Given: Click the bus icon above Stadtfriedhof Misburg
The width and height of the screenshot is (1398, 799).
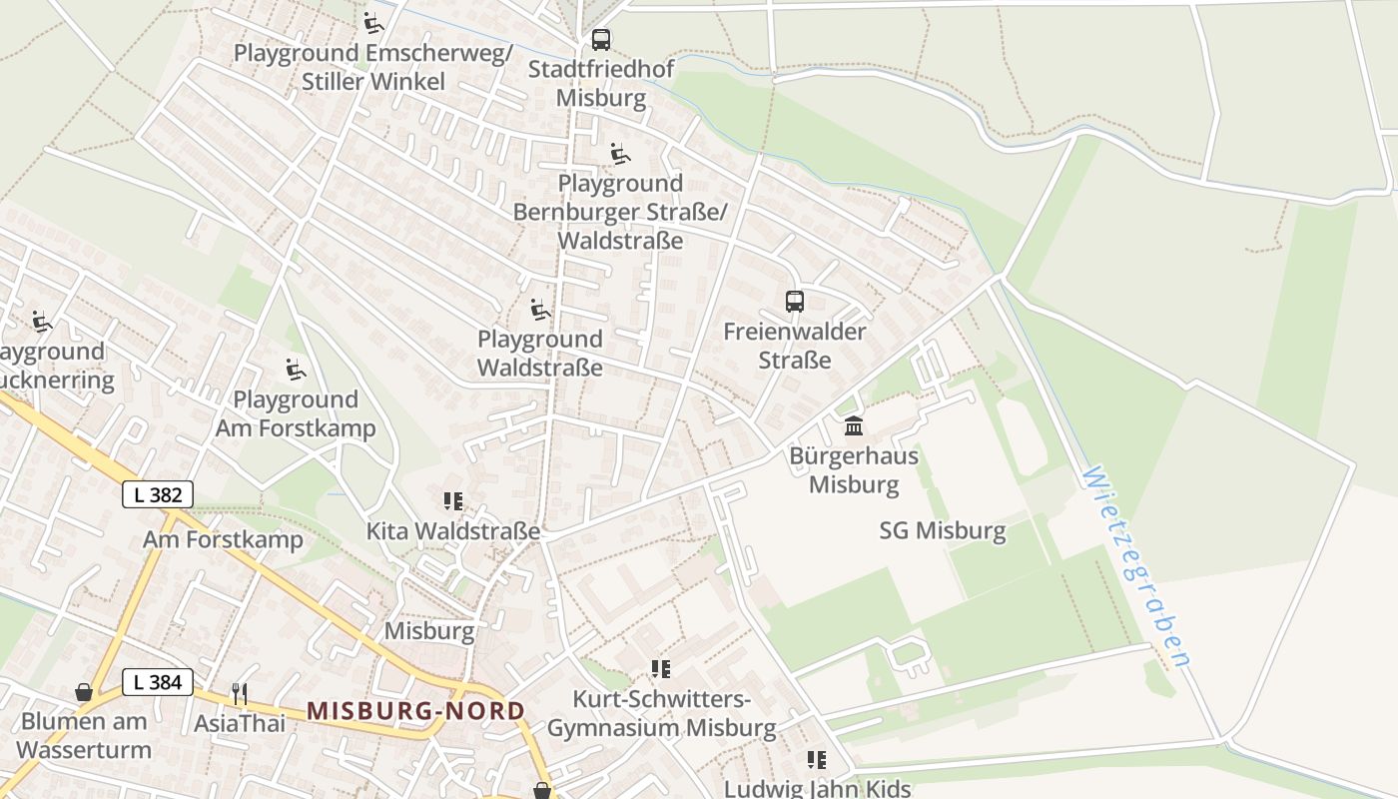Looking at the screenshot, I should click(600, 40).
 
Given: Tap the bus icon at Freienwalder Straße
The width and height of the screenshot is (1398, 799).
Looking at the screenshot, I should click(795, 302).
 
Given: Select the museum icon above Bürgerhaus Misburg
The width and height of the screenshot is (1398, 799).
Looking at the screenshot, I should click(854, 426).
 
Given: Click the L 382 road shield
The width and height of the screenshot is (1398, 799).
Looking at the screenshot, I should click(158, 493).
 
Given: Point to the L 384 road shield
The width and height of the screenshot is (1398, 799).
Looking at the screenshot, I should click(158, 682).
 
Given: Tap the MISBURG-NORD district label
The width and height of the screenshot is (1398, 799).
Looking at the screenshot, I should click(415, 711).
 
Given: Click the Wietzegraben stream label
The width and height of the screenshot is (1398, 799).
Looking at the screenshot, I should click(1135, 566).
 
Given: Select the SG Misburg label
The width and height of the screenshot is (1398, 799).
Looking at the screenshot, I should click(943, 530).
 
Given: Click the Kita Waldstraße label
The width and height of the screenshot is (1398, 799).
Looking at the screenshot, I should click(453, 531).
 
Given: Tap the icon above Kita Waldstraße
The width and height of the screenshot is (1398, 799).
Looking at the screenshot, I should click(453, 500).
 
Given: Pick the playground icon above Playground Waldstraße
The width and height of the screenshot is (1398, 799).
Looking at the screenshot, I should click(540, 309).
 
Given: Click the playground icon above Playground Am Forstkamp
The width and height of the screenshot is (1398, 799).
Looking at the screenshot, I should click(296, 370).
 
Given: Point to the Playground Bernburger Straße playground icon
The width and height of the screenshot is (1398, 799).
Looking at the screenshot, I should click(620, 154).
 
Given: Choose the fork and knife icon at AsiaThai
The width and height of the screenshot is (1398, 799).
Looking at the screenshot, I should click(240, 693).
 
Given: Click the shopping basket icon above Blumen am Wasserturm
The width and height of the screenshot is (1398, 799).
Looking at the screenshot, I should click(85, 691).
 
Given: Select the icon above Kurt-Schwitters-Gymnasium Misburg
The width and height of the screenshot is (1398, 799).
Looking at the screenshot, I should click(660, 668).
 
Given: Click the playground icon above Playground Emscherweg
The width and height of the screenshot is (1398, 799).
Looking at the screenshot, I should click(373, 23).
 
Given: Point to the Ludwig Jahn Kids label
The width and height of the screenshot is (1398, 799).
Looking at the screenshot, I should click(817, 788).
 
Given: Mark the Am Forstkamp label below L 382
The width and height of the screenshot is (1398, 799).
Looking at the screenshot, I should click(223, 540).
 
